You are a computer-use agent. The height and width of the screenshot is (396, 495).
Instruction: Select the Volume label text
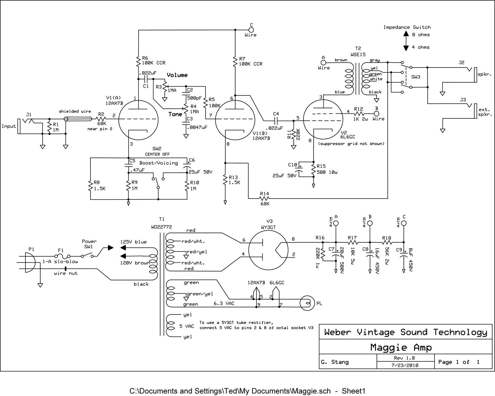click(x=177, y=75)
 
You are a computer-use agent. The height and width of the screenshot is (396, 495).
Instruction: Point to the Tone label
click(x=175, y=114)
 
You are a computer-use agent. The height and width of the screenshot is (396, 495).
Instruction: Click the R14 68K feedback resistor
click(x=264, y=198)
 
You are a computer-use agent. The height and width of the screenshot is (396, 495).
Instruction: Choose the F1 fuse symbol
click(x=62, y=256)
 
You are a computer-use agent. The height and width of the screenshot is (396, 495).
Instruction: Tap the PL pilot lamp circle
click(x=307, y=303)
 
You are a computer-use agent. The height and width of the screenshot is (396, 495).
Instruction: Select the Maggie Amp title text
click(x=401, y=348)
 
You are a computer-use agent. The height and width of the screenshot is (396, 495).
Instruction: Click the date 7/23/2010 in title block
click(x=405, y=365)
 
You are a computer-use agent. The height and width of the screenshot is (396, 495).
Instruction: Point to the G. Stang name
click(x=335, y=362)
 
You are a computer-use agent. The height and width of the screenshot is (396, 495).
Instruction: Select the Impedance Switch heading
click(x=407, y=27)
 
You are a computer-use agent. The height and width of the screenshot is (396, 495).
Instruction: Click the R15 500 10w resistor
click(x=314, y=170)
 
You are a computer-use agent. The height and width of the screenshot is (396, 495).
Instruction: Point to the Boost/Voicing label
click(x=159, y=163)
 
